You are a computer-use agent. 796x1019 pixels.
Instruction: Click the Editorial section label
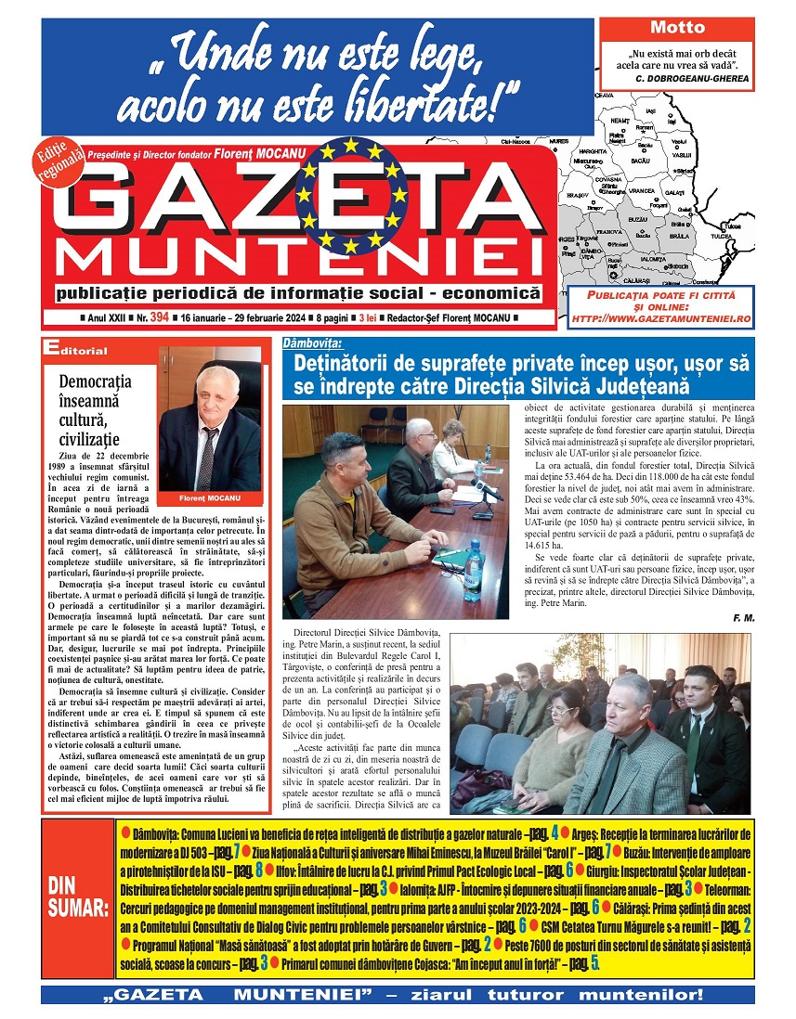(76, 351)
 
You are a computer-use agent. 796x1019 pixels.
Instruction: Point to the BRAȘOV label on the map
(577, 196)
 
